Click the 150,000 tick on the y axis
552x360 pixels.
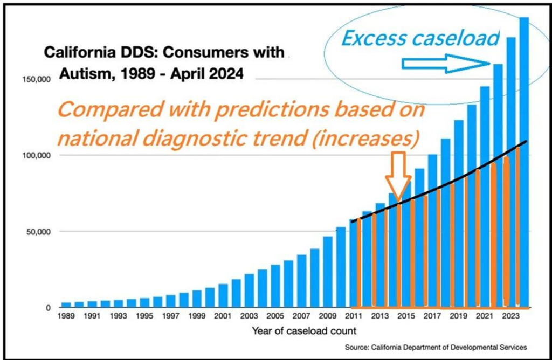point(38,80)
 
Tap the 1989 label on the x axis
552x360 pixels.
point(66,316)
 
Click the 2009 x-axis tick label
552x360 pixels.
point(328,316)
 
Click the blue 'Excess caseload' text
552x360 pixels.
point(420,38)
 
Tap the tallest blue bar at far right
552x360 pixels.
point(523,162)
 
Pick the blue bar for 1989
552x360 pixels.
point(66,305)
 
